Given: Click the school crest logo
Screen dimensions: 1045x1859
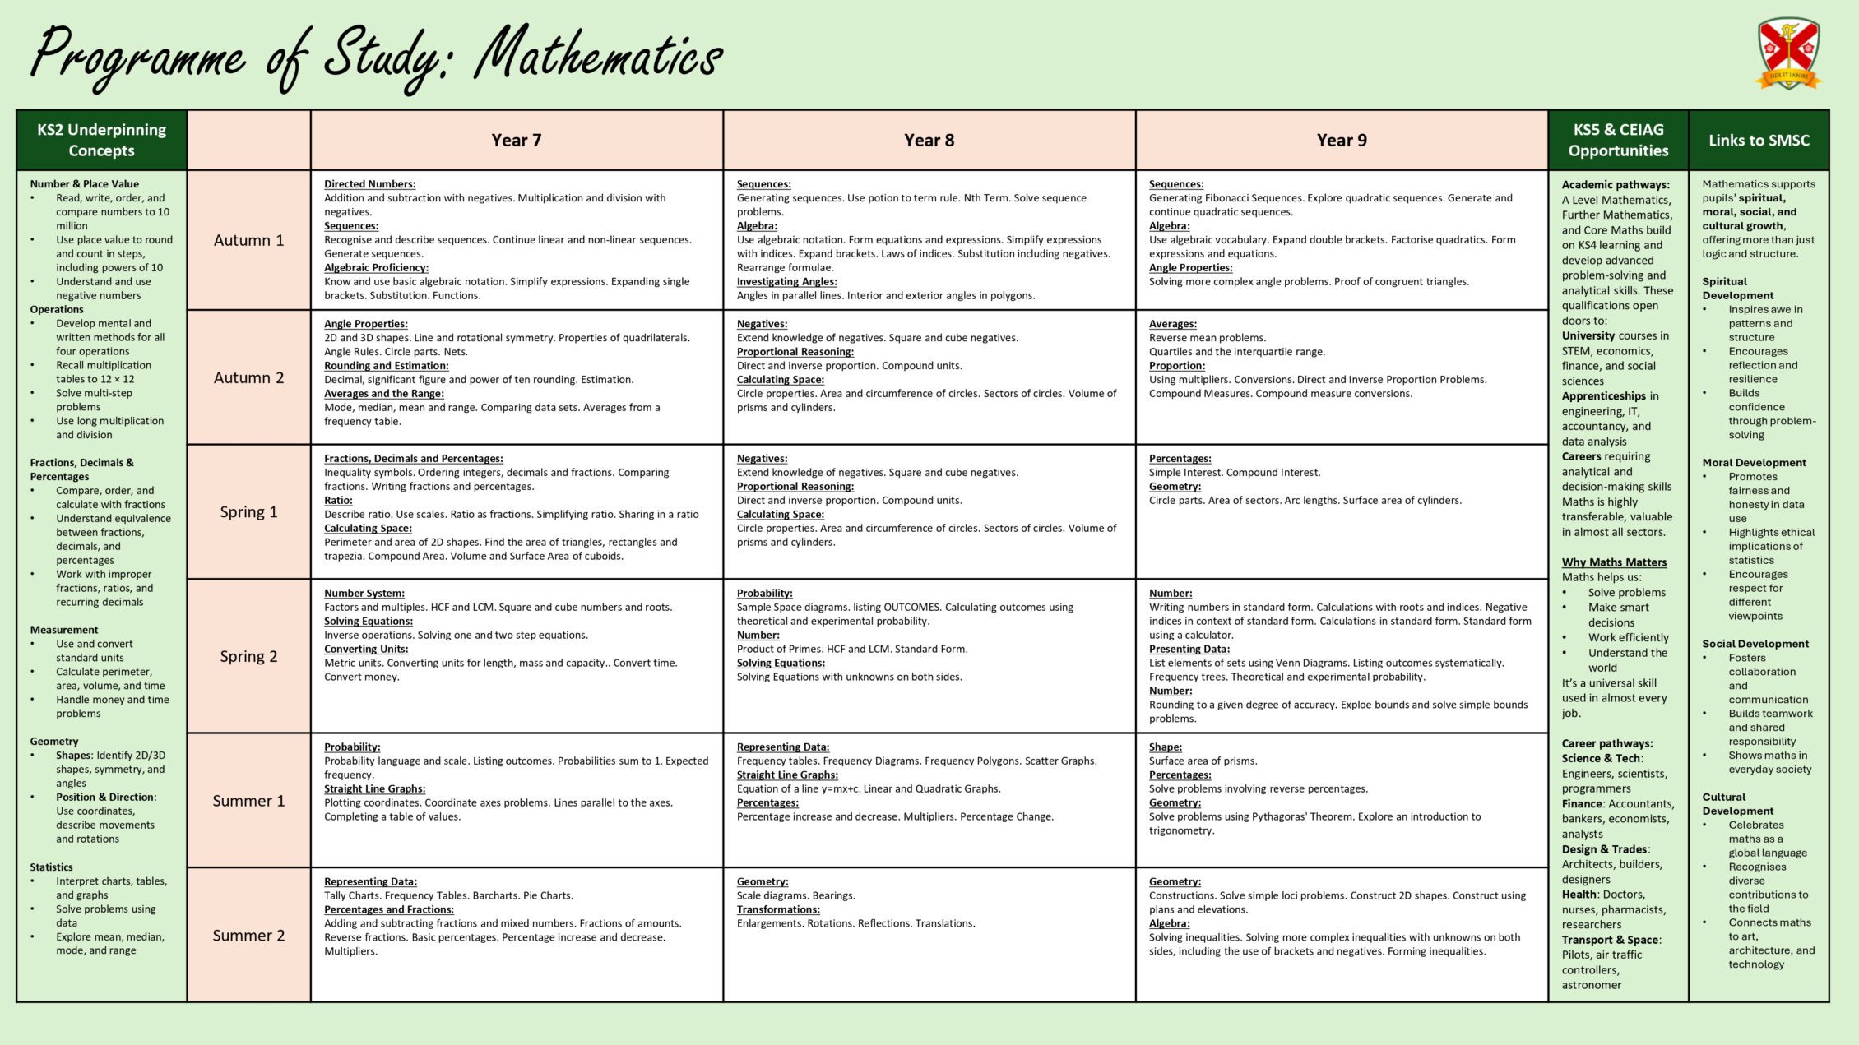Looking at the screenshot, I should (x=1788, y=54).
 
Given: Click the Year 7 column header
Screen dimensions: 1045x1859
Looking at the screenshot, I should (x=517, y=140).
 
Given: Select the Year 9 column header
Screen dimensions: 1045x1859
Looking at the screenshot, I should (x=1342, y=140).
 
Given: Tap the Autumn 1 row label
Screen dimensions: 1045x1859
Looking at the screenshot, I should (x=248, y=240).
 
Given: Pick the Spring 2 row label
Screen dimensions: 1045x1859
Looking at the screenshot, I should (x=248, y=656).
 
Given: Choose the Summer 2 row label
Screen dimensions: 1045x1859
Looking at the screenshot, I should (x=248, y=935).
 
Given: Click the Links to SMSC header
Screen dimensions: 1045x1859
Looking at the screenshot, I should (x=1759, y=140).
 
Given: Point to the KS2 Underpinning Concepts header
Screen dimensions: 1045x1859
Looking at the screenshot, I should (x=101, y=140).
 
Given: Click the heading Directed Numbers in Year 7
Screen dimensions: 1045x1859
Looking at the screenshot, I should (x=369, y=184).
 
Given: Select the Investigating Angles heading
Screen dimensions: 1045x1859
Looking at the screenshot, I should (x=786, y=281).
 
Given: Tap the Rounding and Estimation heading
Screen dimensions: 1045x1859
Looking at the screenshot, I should (x=386, y=366).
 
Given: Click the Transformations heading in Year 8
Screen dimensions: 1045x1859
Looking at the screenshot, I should (x=778, y=909).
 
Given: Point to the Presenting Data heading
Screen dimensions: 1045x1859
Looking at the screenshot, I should (x=1189, y=649).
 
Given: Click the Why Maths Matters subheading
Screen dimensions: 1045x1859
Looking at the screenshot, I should (x=1614, y=562).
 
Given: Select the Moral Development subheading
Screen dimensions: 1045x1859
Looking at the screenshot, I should (x=1754, y=463).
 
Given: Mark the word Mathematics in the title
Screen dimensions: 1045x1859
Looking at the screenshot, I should (x=598, y=56).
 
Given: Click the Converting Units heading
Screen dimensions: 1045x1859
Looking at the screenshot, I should (x=366, y=649).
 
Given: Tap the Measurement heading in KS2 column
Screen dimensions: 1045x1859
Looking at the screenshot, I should (x=64, y=630).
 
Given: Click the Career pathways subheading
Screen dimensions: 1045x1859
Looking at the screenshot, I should (x=1606, y=743).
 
